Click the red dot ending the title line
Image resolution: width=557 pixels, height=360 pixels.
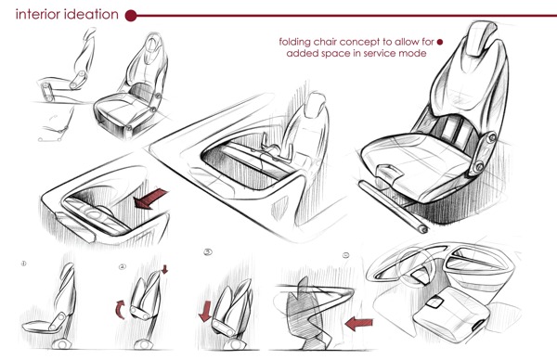[x=131, y=15]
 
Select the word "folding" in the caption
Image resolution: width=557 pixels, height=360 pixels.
[x=300, y=41]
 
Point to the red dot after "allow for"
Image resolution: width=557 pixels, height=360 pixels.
[x=440, y=41]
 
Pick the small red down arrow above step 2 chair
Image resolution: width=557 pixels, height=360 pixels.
[x=166, y=271]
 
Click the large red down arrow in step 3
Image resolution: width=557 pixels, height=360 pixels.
[x=207, y=308]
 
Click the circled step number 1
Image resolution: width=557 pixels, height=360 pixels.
[x=23, y=264]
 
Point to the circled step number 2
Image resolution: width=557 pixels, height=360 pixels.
[x=122, y=267]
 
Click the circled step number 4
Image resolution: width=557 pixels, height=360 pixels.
[x=345, y=254]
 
